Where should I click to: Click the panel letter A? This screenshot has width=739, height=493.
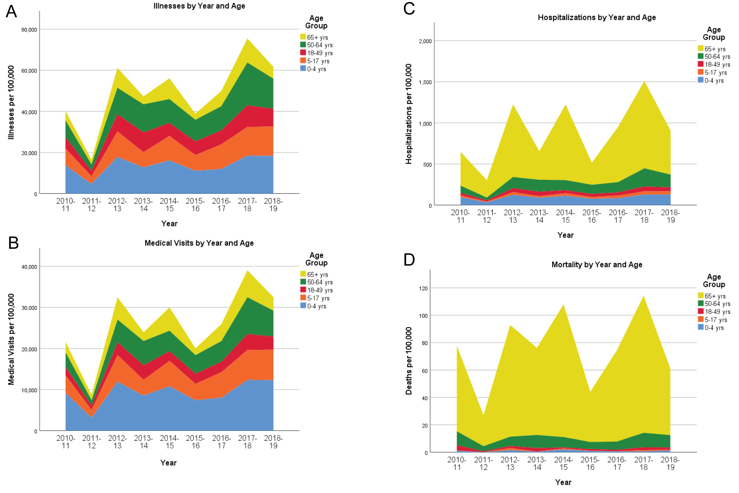coord(11,12)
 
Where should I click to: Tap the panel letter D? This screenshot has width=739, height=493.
coord(409,260)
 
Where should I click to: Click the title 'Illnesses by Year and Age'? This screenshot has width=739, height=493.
coord(199,6)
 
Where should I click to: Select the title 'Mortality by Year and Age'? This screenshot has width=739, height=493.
coord(597,265)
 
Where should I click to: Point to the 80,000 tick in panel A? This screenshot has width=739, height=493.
coord(29,30)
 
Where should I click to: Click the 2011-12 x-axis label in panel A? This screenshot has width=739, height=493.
coord(92,205)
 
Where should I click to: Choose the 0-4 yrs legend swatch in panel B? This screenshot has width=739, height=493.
coord(303,306)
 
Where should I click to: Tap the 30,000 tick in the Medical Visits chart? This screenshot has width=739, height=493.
coord(29,308)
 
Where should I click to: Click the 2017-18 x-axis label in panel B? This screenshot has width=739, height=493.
coord(247,442)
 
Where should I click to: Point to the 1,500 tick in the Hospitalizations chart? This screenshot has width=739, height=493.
coord(425,82)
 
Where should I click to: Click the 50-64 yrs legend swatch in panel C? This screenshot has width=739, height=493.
coord(701,56)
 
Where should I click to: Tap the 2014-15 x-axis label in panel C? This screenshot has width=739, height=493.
coord(565,216)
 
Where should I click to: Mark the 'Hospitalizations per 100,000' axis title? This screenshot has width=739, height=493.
coord(409,114)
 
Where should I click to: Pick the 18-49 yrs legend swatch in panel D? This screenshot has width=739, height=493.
coord(701,311)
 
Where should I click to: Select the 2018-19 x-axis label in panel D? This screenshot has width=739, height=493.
coord(670,464)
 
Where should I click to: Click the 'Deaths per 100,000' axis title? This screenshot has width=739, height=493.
coord(409,361)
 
